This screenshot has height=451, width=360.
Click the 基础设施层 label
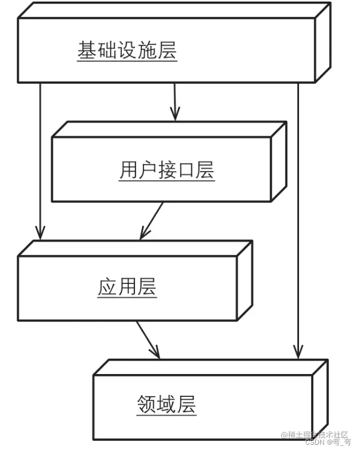(127, 51)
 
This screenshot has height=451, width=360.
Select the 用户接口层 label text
(166, 170)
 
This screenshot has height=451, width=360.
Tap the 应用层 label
(127, 286)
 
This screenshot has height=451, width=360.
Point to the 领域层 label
(166, 404)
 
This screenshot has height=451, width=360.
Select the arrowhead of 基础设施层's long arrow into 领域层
(297, 353)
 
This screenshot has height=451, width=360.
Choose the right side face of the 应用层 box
(244, 279)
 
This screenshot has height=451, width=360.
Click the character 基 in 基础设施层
(87, 51)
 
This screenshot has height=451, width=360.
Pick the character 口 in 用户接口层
(186, 170)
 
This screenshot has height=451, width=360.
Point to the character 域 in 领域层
(166, 404)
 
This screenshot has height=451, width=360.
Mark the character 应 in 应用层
(107, 286)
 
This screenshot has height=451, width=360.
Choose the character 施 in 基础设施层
(147, 51)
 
